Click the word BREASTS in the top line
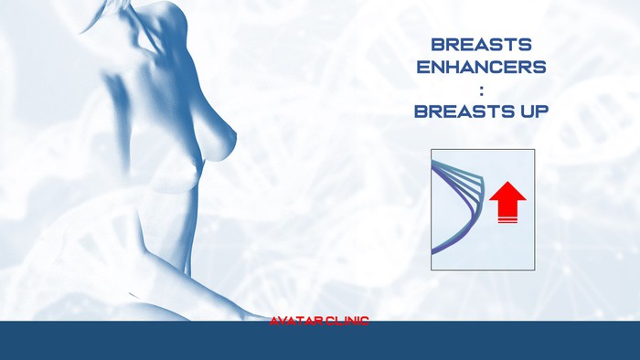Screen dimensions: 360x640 [481, 44]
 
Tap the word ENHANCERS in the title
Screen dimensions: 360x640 [481, 67]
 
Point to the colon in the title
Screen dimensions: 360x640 [481, 90]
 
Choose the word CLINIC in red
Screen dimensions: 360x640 [347, 321]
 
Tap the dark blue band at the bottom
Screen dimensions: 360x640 [320, 342]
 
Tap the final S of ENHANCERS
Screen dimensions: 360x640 [540, 67]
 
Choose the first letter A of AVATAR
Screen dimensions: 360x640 [274, 321]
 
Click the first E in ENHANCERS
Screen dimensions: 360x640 [422, 67]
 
